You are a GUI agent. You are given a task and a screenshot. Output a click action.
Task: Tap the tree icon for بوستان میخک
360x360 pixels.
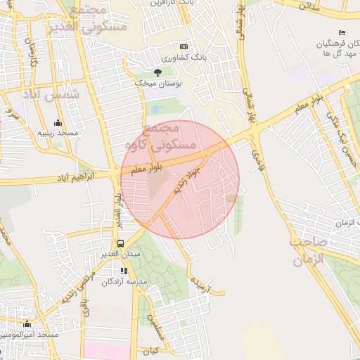point(157,72)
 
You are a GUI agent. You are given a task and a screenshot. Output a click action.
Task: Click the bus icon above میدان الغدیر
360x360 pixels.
point(121,243)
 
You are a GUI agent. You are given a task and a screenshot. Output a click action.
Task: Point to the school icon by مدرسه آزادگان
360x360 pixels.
point(124,271)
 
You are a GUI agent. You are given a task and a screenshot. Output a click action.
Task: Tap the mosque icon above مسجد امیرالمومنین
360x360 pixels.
point(27,324)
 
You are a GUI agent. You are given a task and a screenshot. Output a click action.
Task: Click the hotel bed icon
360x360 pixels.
point(342,33)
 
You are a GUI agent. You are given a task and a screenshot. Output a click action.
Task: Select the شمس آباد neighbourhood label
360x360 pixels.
point(52,94)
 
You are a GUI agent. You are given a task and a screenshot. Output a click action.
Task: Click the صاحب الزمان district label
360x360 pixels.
point(317,250)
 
